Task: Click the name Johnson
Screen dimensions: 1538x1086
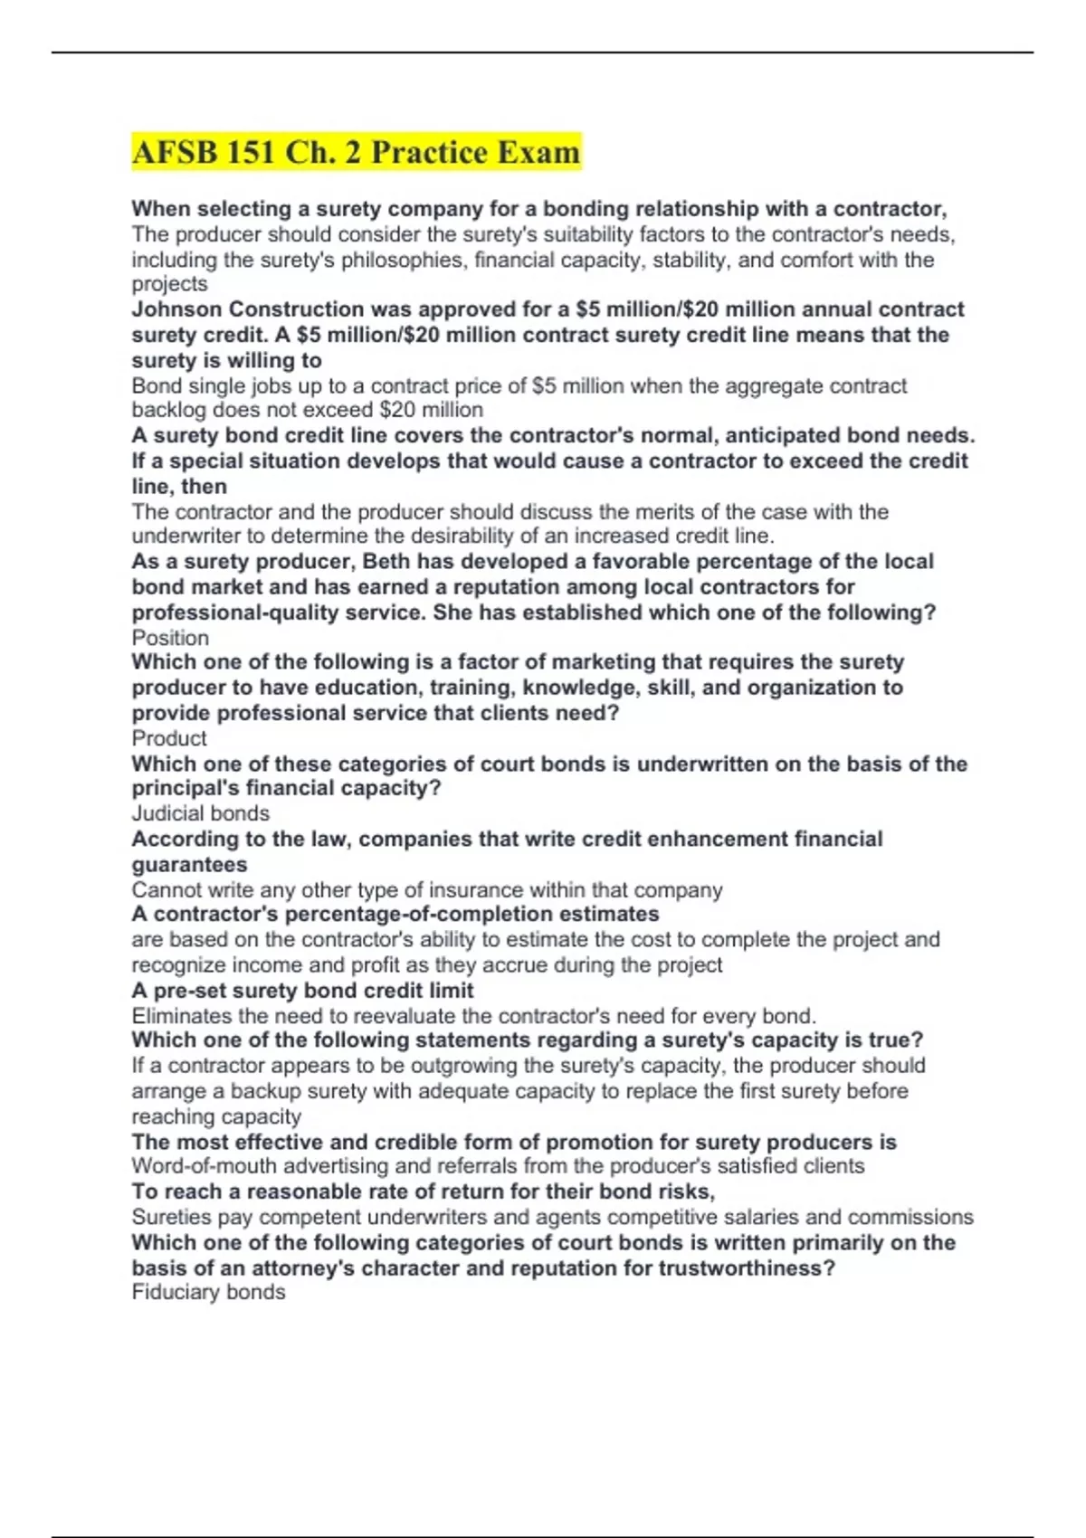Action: (176, 309)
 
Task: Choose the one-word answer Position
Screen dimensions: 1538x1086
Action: (170, 637)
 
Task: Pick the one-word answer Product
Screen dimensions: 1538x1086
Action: (169, 737)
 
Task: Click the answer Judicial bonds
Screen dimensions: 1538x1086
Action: (200, 812)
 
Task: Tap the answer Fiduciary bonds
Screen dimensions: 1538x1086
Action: (208, 1292)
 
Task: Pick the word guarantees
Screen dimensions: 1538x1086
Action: (189, 864)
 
